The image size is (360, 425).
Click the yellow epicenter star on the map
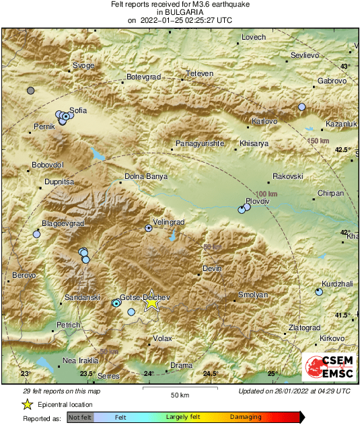(151, 303)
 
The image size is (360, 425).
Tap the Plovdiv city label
(257, 201)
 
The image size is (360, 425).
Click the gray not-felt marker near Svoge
(30, 90)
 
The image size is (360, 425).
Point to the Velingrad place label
(168, 222)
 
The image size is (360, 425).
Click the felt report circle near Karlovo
(302, 107)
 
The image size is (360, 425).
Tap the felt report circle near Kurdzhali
(319, 292)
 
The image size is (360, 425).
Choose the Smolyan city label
(253, 295)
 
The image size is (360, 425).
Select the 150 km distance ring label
(319, 141)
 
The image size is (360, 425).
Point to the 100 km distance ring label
(268, 194)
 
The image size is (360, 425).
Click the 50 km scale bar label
(178, 394)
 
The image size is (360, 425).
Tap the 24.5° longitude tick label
(211, 374)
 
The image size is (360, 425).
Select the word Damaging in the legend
(246, 418)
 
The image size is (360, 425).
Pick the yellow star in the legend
(28, 404)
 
